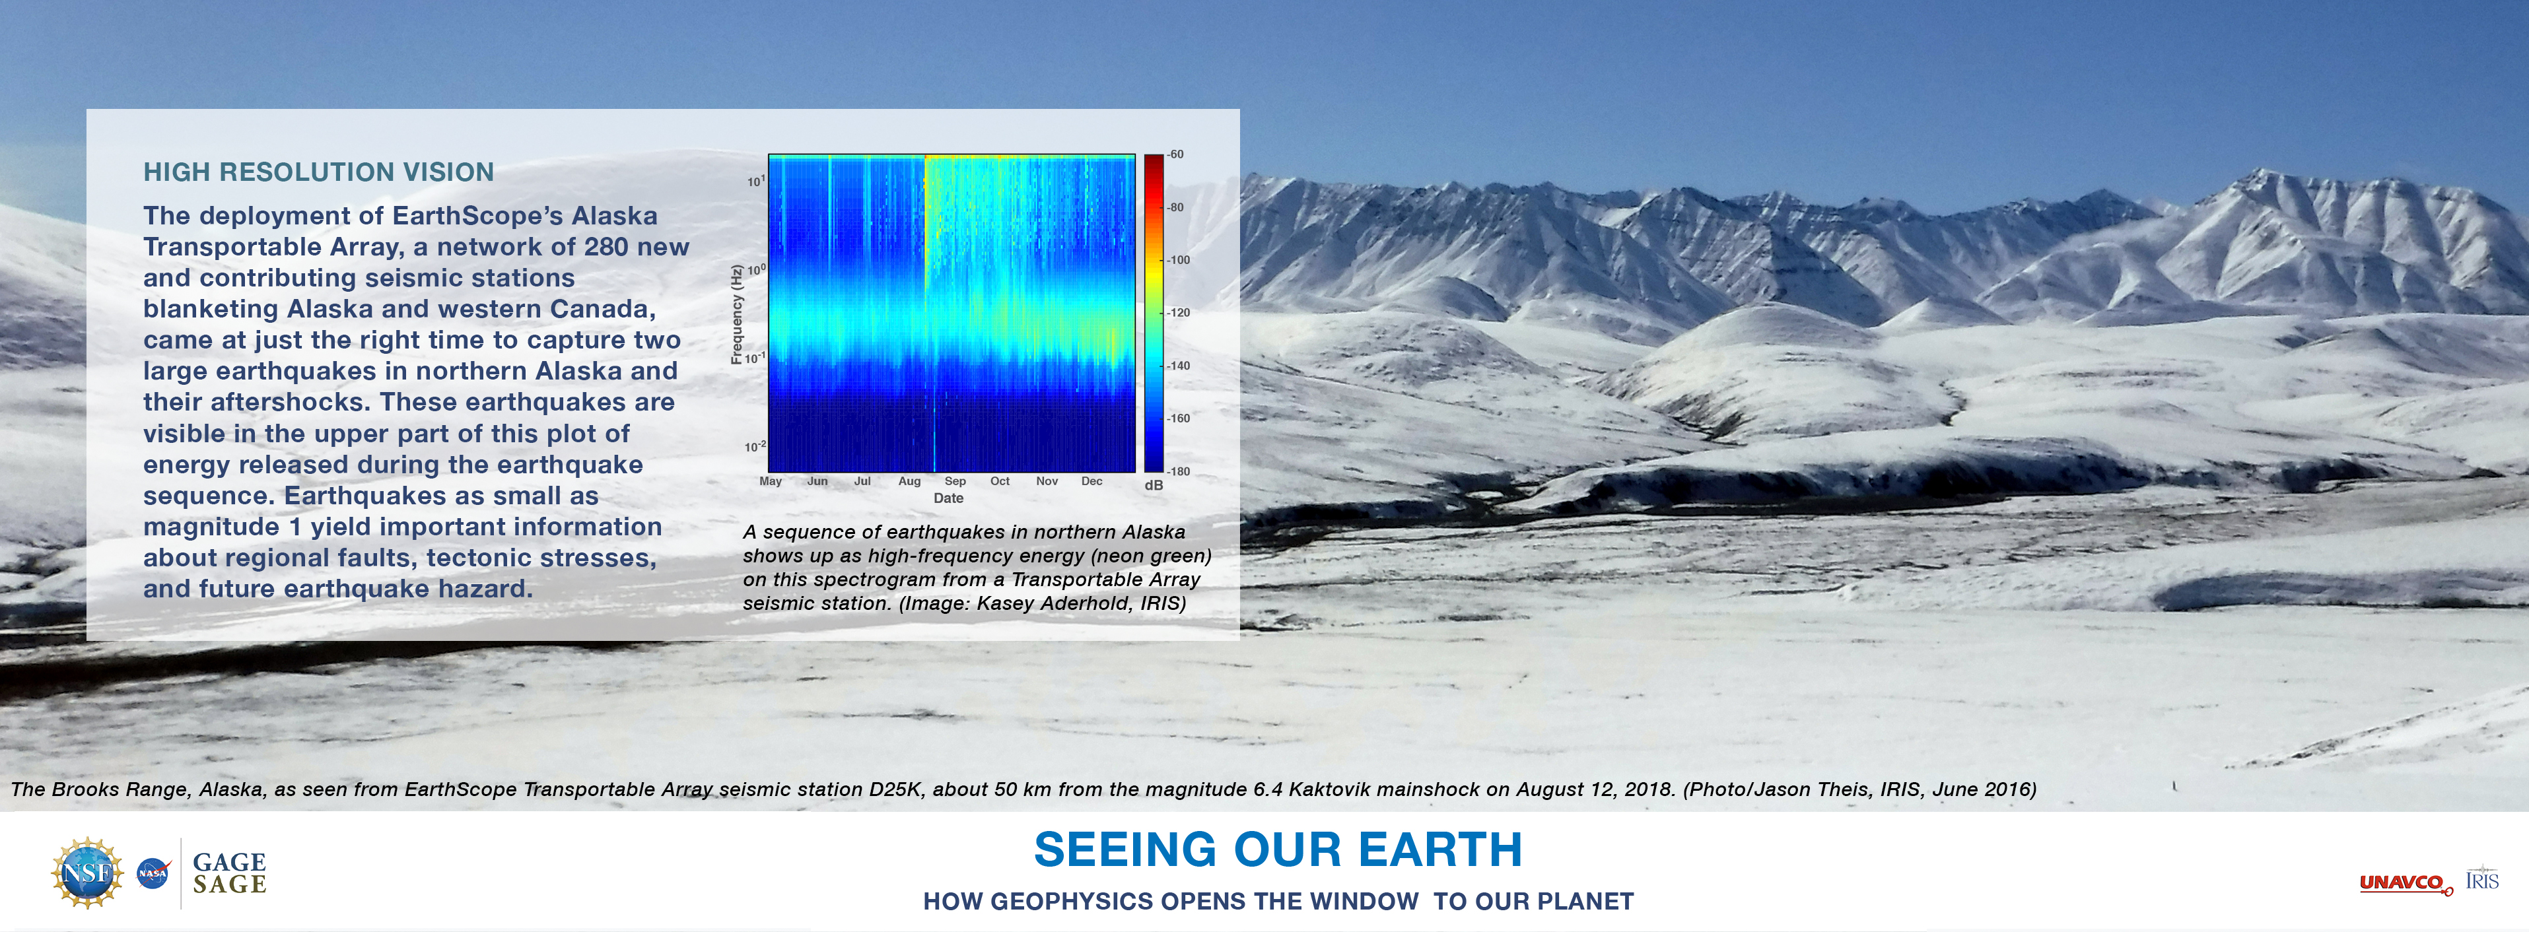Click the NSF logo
87,872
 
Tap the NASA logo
153,872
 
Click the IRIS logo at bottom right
2482,878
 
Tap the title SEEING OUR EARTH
1278,849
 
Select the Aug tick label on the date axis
909,481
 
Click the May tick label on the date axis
771,481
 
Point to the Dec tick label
1091,481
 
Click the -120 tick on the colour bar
1178,313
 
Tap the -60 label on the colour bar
1175,154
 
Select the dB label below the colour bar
1154,486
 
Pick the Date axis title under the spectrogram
948,498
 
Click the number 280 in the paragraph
607,248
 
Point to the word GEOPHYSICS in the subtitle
1049,902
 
